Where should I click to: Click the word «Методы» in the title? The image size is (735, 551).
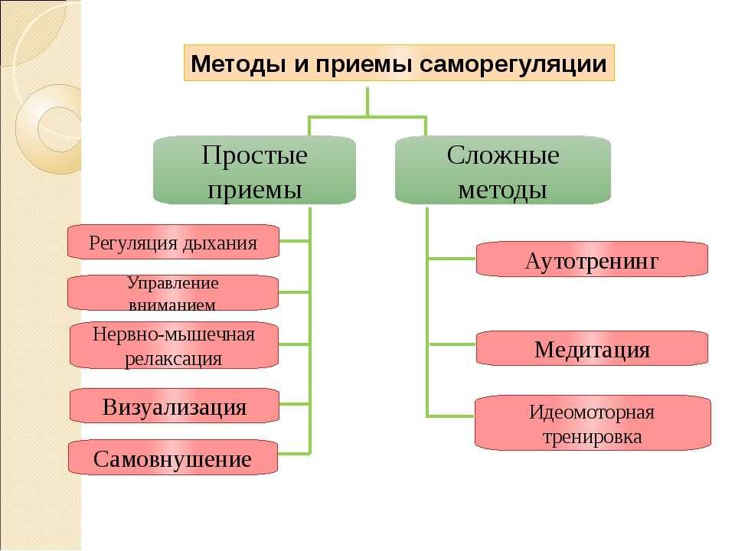point(238,64)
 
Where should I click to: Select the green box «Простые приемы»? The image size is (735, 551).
point(255,171)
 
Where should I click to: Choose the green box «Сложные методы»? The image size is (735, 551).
point(502,171)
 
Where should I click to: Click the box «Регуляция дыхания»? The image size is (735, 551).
point(173,243)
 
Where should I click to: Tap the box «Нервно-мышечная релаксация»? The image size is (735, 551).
point(174,345)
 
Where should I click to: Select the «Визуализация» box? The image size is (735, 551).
point(175,406)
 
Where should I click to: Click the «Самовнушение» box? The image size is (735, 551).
point(172,458)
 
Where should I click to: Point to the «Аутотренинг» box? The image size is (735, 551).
point(592,260)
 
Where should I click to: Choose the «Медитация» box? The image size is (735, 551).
point(592,350)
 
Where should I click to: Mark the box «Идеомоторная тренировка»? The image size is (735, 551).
point(592,424)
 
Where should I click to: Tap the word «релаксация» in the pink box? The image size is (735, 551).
point(174,357)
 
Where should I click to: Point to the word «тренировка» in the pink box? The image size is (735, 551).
point(592,437)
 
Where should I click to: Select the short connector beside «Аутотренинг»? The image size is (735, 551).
point(452,259)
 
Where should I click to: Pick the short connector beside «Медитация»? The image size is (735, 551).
point(452,345)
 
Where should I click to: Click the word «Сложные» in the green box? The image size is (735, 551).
point(503,155)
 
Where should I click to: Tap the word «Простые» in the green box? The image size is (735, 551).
point(255,155)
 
